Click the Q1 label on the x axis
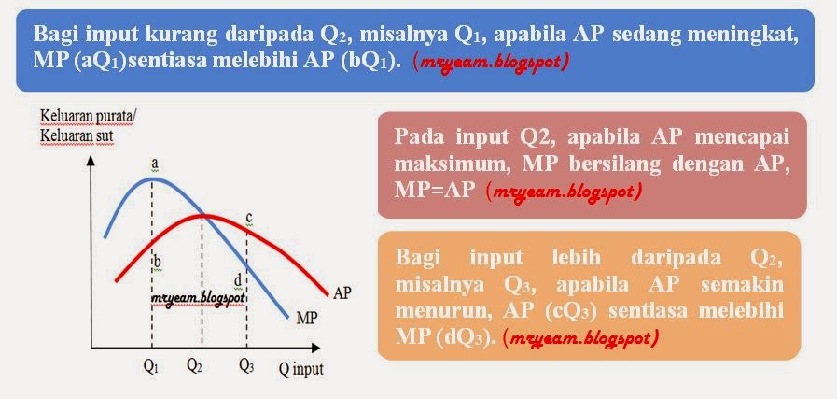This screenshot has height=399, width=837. tap(151, 366)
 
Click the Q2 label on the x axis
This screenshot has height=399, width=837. tap(194, 366)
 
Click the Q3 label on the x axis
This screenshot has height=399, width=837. tap(245, 366)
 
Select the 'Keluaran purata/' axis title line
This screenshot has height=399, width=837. tap(87, 119)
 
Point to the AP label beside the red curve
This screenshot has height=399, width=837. tap(342, 292)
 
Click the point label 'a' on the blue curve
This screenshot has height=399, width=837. tap(155, 164)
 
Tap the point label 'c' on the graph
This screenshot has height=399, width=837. tap(249, 218)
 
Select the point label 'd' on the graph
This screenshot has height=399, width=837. tap(238, 279)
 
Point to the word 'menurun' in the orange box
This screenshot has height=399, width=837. tap(439, 308)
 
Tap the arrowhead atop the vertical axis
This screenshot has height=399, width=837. tap(91, 160)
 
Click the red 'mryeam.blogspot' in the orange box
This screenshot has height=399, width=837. tap(580, 335)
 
